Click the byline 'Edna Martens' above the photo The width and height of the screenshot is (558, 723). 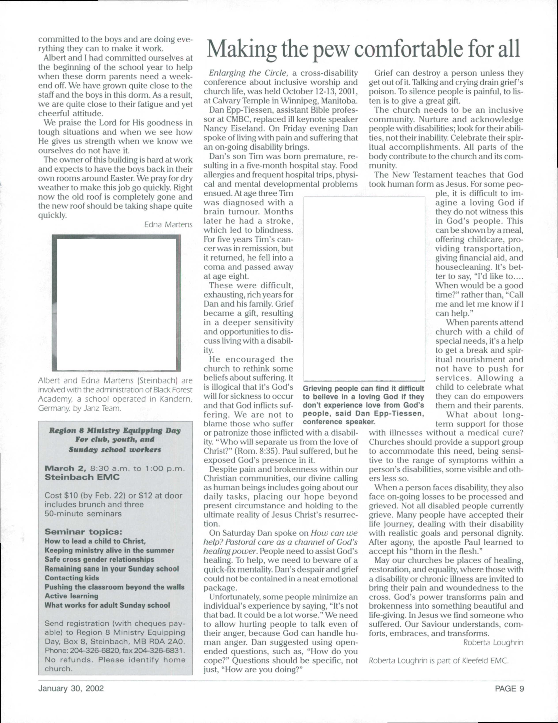[x=168, y=225]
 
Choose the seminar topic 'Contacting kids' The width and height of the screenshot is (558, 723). [x=72, y=578]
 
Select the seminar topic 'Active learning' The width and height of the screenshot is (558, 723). [x=72, y=596]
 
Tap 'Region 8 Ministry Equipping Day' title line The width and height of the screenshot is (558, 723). [x=115, y=431]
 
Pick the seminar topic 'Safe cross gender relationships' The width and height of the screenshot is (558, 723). [x=99, y=559]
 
